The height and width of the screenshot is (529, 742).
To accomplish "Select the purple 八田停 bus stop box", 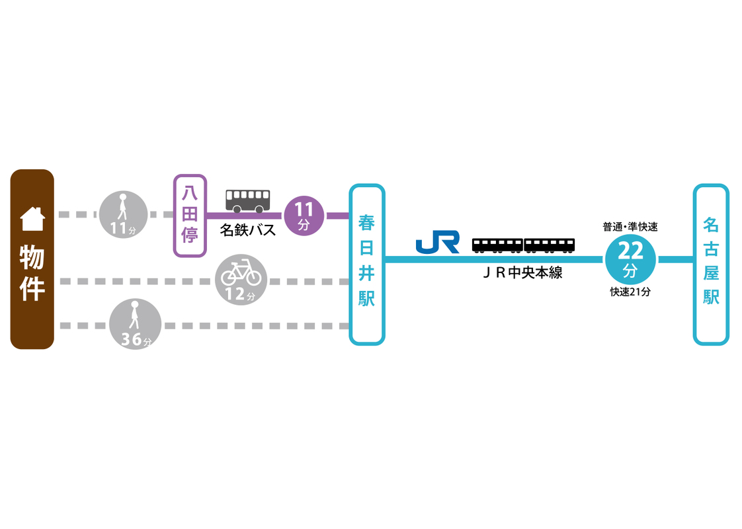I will tap(190, 216).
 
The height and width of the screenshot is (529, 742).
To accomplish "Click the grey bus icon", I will tap(248, 200).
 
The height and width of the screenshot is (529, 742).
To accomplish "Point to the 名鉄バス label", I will tap(248, 230).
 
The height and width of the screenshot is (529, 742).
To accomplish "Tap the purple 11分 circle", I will tap(304, 215).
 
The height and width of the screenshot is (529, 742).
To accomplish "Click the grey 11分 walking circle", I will tap(122, 214).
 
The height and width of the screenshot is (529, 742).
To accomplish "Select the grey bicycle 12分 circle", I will tap(241, 280).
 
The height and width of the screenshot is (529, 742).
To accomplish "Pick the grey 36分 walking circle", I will tap(136, 324).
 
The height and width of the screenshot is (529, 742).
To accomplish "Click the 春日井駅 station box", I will tap(367, 264).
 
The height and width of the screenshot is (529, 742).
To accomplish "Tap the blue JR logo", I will tap(438, 242).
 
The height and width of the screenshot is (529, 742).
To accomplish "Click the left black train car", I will tap(497, 245).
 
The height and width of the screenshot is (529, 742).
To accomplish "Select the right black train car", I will tap(550, 245).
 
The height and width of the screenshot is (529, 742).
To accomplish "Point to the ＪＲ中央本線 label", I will tap(522, 272).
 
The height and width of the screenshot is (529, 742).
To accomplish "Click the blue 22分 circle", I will tap(630, 259).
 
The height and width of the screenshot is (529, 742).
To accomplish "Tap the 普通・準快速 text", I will tap(630, 227).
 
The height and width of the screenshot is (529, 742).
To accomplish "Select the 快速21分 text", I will tap(630, 292).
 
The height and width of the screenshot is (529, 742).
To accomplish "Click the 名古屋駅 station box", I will tap(711, 264).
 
